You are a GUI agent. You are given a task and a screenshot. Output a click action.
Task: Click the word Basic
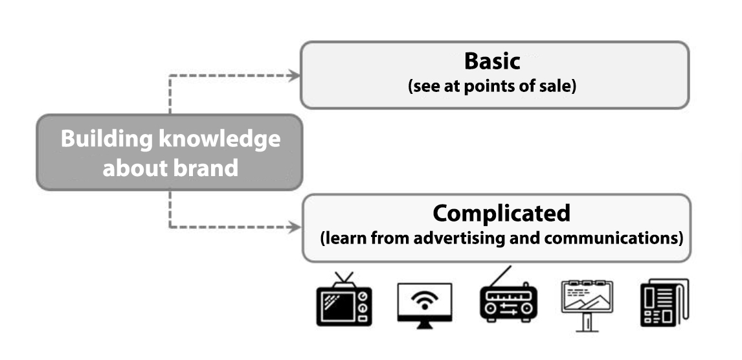pyautogui.click(x=492, y=61)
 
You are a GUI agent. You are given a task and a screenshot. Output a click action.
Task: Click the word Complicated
pyautogui.click(x=501, y=214)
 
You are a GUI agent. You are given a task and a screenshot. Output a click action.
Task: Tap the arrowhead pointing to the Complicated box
pyautogui.click(x=295, y=227)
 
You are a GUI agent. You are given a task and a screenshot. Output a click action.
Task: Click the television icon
pyautogui.click(x=344, y=298)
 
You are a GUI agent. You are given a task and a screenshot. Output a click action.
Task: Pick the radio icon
pyautogui.click(x=508, y=296)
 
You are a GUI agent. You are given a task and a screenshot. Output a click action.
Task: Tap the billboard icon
pyautogui.click(x=587, y=306)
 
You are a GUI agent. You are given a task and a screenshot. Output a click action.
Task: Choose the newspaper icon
pyautogui.click(x=664, y=303)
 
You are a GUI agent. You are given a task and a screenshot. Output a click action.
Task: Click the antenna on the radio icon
pyautogui.click(x=500, y=276)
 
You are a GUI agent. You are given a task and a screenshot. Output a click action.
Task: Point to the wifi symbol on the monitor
pyautogui.click(x=425, y=299)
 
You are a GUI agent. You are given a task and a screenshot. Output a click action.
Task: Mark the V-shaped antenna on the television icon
pyautogui.click(x=344, y=278)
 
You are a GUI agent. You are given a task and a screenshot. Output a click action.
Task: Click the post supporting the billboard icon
pyautogui.click(x=587, y=322)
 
